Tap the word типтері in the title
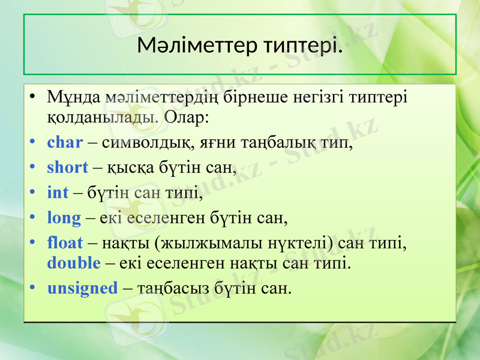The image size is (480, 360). click(302, 44)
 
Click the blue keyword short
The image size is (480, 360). click(68, 167)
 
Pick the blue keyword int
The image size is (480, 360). click(58, 193)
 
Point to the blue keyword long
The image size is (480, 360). click(64, 217)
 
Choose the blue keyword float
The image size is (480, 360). click(65, 242)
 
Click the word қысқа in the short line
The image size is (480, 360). click(124, 168)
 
